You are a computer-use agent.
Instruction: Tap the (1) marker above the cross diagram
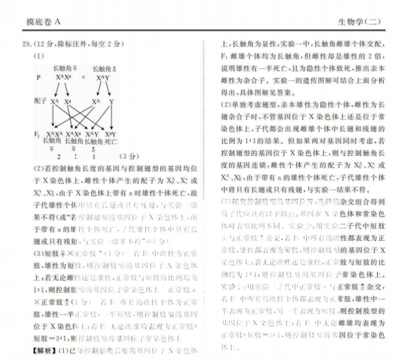click(x=39, y=56)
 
